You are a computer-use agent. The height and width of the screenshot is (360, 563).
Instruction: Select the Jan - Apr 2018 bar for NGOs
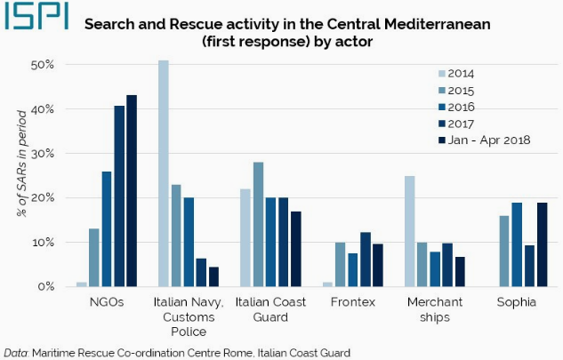132,191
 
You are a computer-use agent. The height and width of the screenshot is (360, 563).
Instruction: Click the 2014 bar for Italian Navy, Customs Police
164,173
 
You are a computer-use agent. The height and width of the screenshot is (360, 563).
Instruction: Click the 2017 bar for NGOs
119,196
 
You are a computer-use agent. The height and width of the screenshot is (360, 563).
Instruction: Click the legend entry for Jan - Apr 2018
486,140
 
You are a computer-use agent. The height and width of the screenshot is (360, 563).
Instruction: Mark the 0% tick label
46,287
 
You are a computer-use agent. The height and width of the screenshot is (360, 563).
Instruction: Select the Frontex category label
353,303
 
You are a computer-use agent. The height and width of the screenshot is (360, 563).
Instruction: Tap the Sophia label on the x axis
517,303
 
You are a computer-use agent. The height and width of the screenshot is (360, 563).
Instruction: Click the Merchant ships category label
434,310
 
